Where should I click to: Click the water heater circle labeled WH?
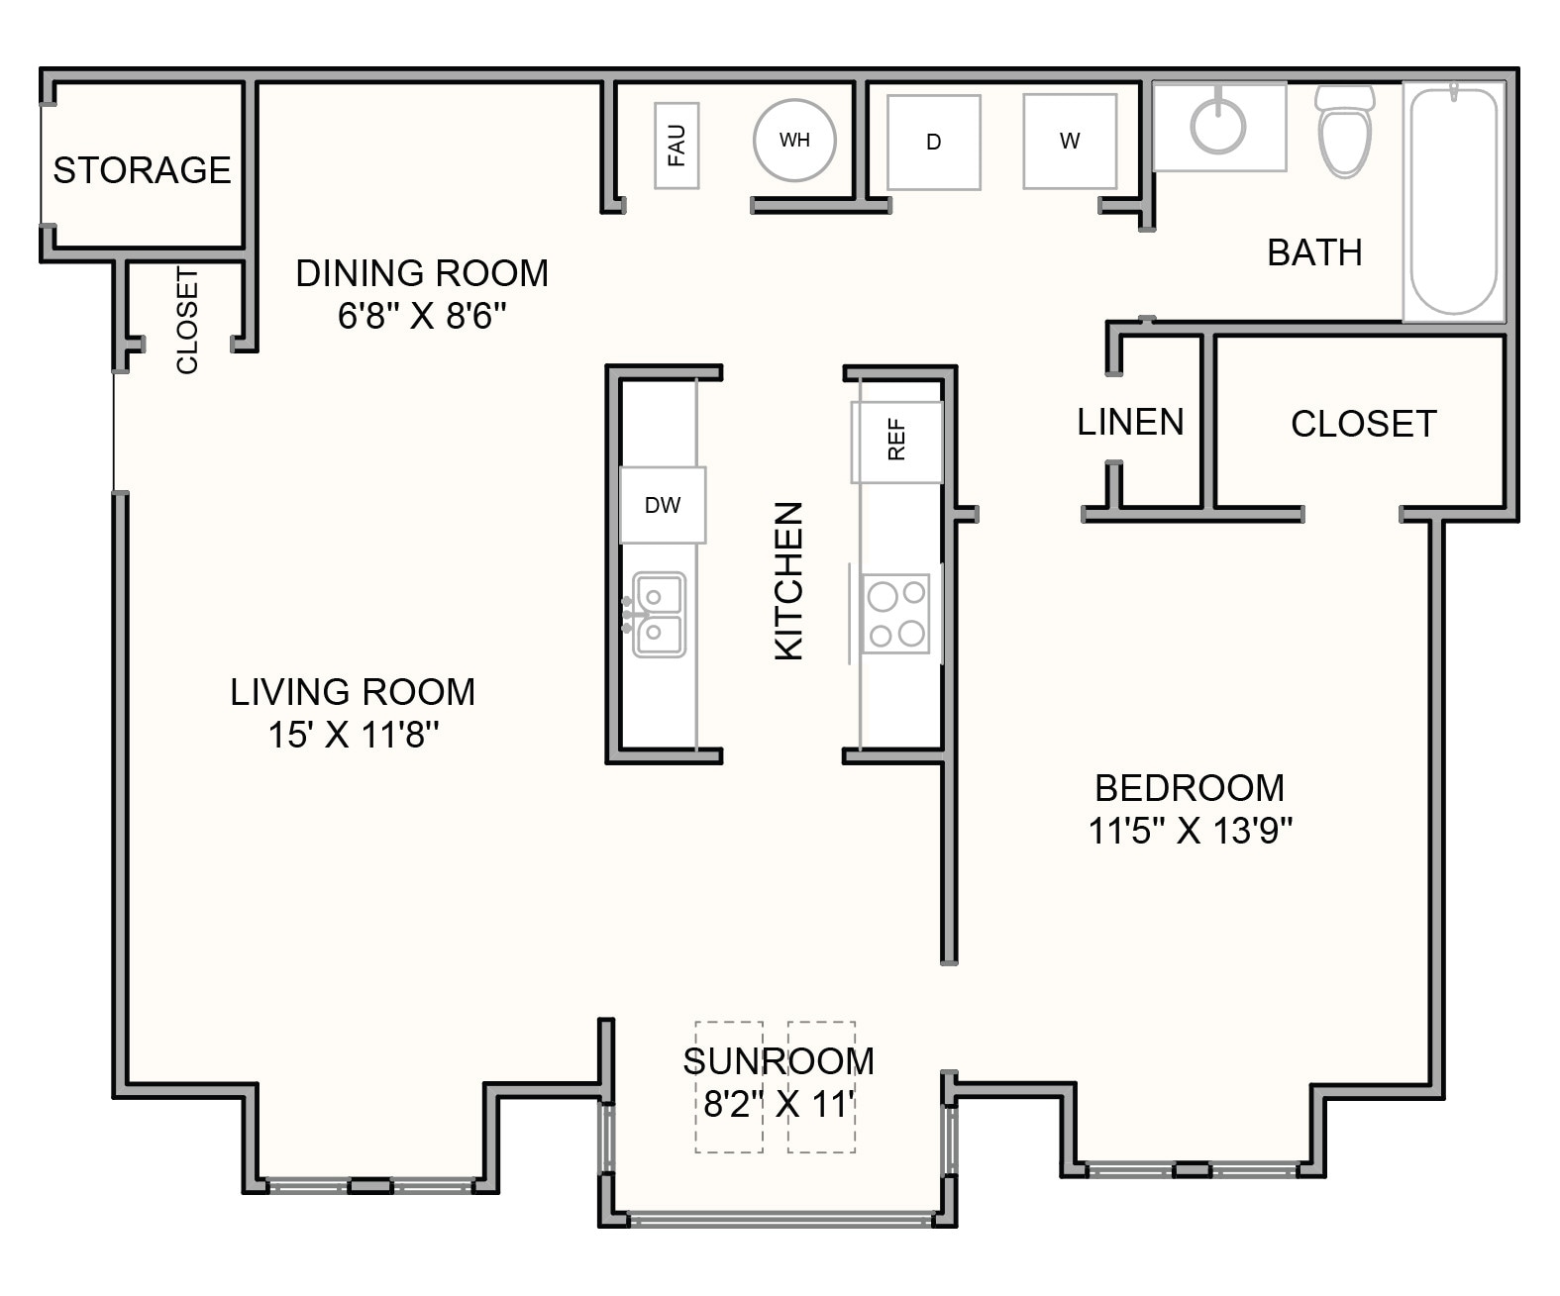coord(794,141)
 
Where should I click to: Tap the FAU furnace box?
coord(676,146)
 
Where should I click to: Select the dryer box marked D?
coord(933,143)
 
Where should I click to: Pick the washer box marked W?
coord(1070,142)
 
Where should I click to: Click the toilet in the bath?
coord(1344,131)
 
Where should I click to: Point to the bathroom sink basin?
coord(1217,126)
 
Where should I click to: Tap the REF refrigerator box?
coord(896,441)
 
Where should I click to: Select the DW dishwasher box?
coord(662,505)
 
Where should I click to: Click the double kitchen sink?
coord(659,614)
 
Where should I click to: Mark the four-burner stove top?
coord(895,614)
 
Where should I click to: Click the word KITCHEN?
coord(788,580)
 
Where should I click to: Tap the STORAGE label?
coord(142,170)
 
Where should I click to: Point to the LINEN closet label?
coord(1130,423)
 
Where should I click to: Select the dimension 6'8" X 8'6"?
coord(422,316)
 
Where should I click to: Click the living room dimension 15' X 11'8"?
coord(354,735)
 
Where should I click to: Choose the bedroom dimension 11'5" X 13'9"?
coord(1190,830)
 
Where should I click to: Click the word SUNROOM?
coord(779,1060)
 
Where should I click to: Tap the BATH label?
coord(1314,252)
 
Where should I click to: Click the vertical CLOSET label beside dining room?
coord(187,320)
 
